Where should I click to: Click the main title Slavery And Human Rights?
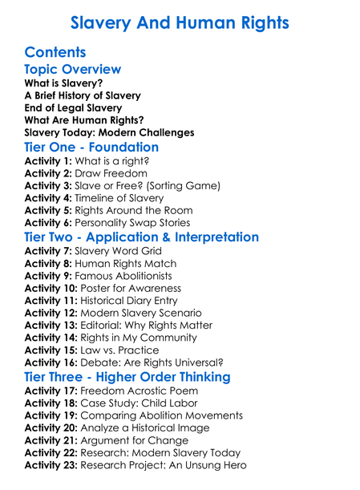coord(180,22)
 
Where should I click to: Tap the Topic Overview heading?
coord(73,70)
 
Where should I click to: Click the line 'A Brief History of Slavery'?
coord(83,95)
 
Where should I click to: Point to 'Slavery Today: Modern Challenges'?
coord(109,132)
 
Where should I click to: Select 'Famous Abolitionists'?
coord(126,276)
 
